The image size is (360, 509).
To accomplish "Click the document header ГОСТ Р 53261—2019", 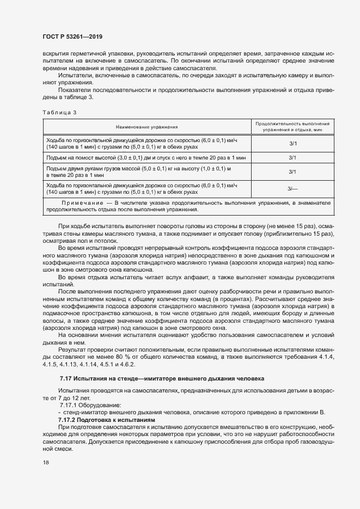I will pyautogui.click(x=72, y=36).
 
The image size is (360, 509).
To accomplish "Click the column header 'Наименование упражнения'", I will pyautogui.click(x=147, y=126).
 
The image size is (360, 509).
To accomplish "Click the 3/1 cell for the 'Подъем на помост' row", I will pyautogui.click(x=292, y=157).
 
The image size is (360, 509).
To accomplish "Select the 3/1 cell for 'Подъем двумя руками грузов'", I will pyautogui.click(x=292, y=172).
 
